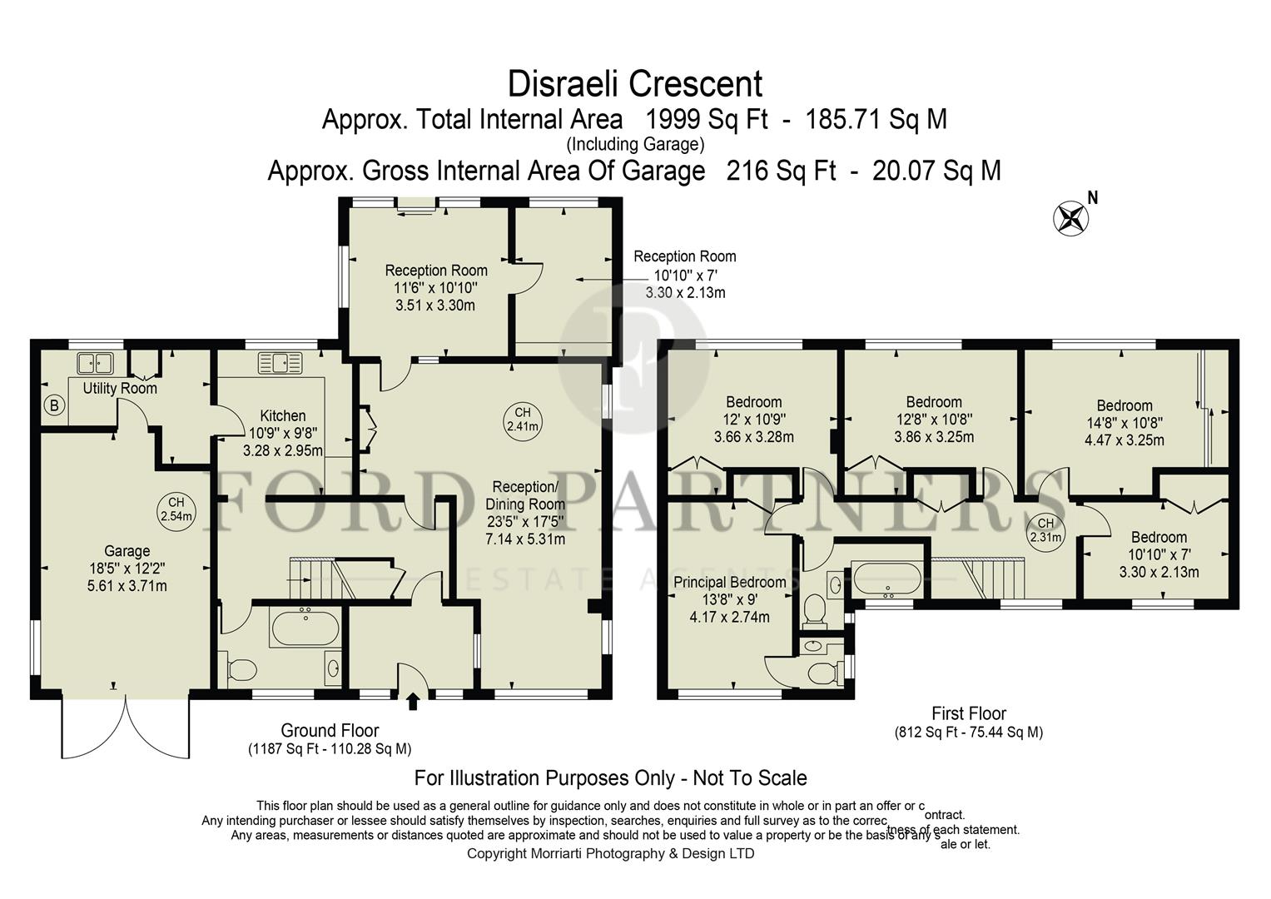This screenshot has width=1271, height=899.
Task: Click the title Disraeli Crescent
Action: (634, 84)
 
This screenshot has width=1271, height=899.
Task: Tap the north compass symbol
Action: (1070, 218)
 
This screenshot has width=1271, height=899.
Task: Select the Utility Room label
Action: (120, 389)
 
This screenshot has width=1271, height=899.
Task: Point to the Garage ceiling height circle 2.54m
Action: (176, 509)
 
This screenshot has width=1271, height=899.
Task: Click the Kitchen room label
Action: (283, 415)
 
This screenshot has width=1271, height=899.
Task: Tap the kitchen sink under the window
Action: (281, 363)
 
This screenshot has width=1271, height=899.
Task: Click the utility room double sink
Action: (96, 363)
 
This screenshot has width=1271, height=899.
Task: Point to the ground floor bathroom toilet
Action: (241, 668)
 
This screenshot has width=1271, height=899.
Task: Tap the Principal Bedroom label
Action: (729, 582)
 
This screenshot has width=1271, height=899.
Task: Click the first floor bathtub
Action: (886, 579)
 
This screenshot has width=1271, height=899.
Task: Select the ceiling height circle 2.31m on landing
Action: (1045, 530)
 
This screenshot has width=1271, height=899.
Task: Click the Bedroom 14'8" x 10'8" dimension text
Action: (1124, 431)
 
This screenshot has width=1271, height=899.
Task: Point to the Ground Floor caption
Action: (330, 731)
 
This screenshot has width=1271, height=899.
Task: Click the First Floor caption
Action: (968, 713)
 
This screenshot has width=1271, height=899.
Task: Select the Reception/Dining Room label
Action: (525, 495)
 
